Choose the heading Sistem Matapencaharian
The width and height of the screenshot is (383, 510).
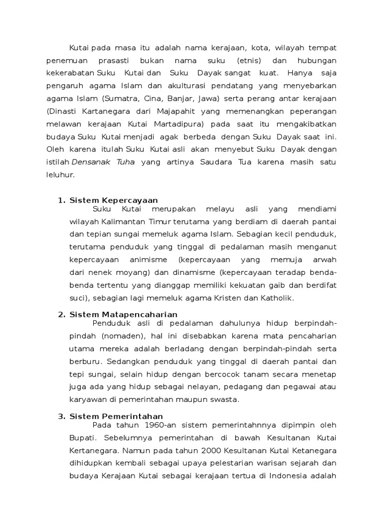pos(123,314)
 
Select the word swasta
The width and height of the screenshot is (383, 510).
pos(224,399)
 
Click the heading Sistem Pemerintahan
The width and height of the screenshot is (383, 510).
pos(116,416)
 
